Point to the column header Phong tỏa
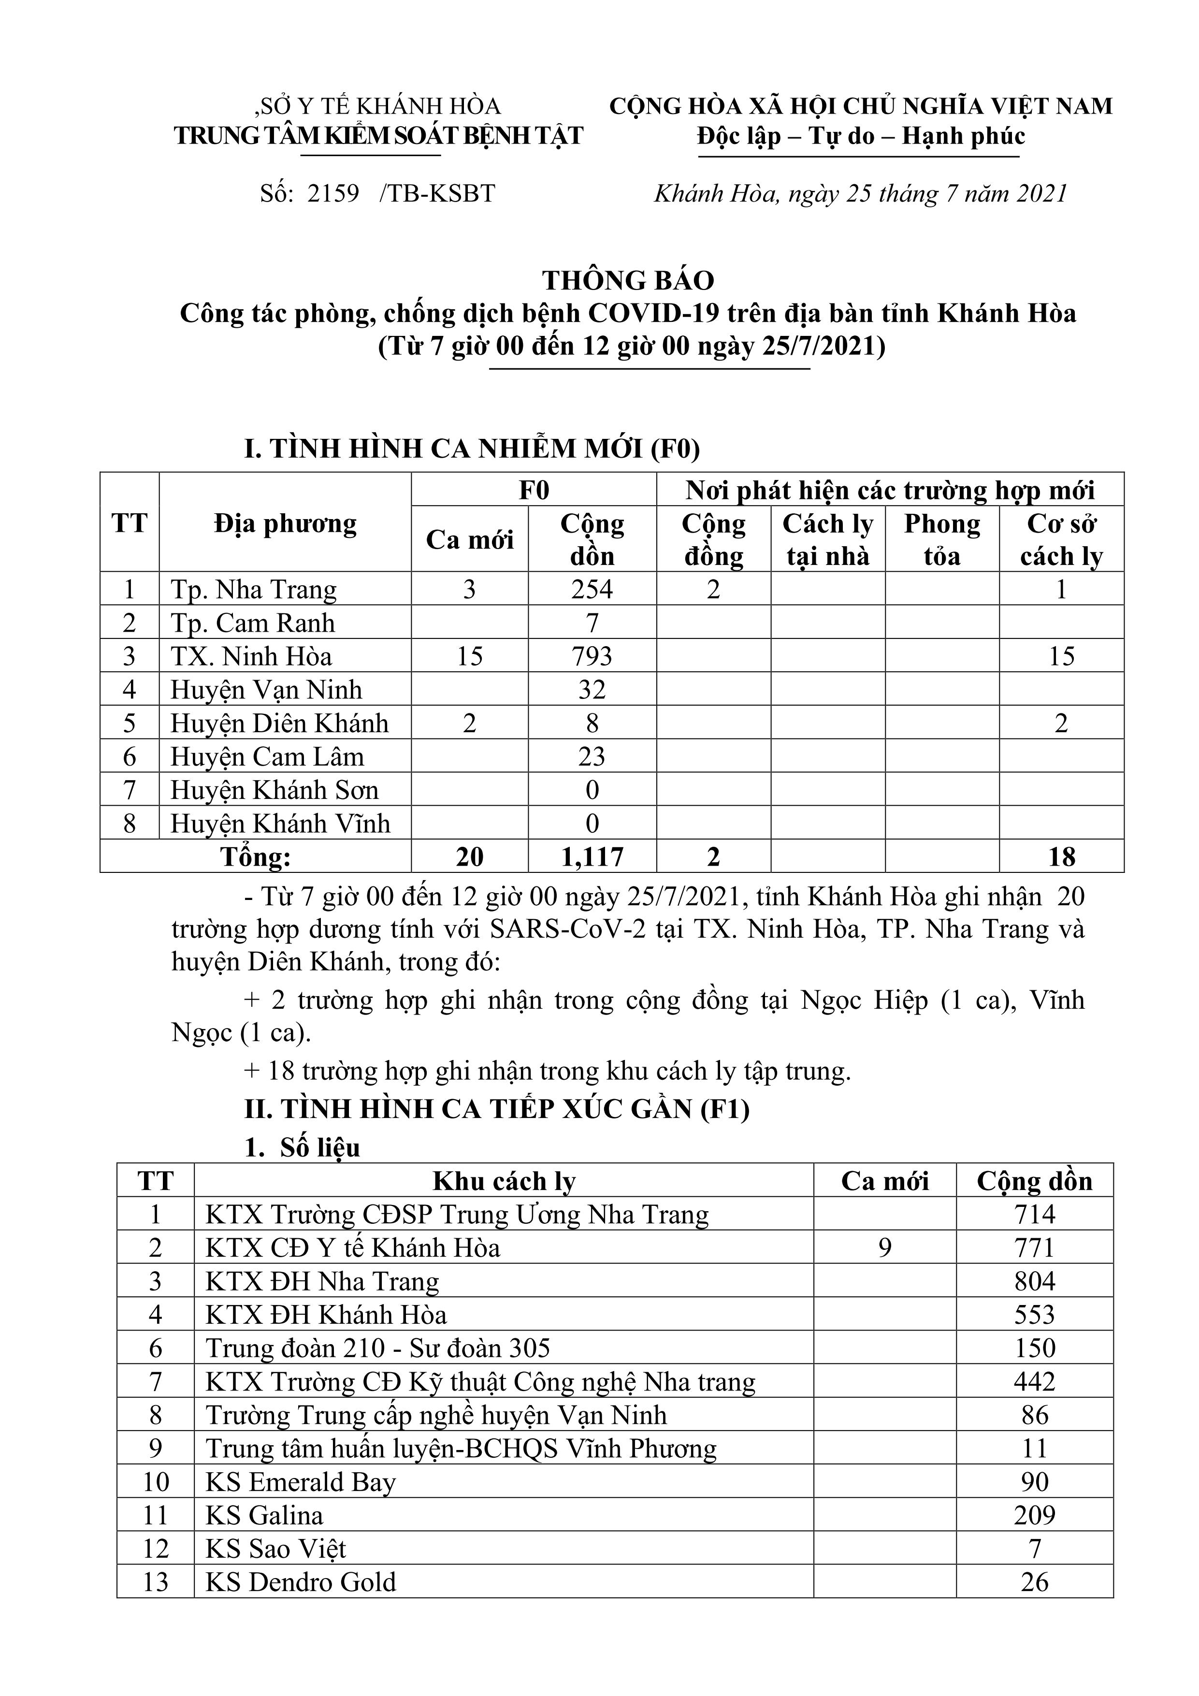pos(942,540)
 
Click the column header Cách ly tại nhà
pos(827,540)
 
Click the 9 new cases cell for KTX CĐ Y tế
pos(884,1247)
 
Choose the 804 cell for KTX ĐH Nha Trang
pos(1034,1281)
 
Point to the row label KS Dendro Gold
pos(301,1581)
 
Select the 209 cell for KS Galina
pos(1034,1515)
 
